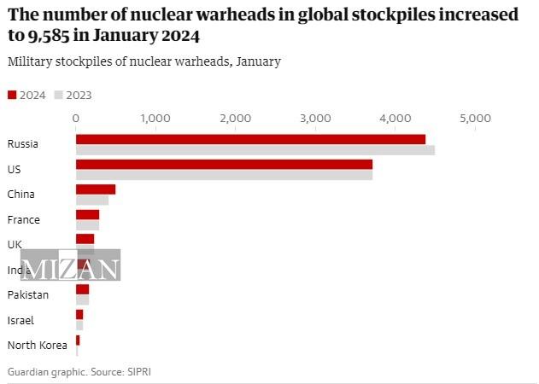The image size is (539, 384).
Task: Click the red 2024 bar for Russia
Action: (x=250, y=139)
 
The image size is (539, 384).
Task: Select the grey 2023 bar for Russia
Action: (x=255, y=150)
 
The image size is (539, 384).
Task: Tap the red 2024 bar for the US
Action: (x=224, y=164)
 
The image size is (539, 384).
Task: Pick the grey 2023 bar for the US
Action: (x=224, y=175)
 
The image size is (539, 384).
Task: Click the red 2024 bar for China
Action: (x=96, y=189)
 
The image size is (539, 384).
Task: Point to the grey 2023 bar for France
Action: (x=87, y=225)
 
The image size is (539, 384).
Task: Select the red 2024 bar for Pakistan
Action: (x=82, y=289)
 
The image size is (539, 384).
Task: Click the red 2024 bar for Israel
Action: (x=79, y=315)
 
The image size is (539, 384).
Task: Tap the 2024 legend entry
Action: (x=26, y=95)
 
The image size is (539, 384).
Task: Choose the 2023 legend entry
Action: (x=73, y=95)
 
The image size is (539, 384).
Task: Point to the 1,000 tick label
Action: (x=155, y=118)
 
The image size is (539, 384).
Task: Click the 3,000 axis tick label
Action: (x=314, y=118)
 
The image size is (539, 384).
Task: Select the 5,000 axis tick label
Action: (x=474, y=118)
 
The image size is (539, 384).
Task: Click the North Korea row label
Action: (x=37, y=345)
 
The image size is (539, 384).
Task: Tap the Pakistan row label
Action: (x=27, y=294)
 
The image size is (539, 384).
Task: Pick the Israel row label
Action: (x=21, y=320)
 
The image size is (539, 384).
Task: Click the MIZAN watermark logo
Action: (x=70, y=267)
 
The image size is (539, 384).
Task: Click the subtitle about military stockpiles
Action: (x=144, y=61)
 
